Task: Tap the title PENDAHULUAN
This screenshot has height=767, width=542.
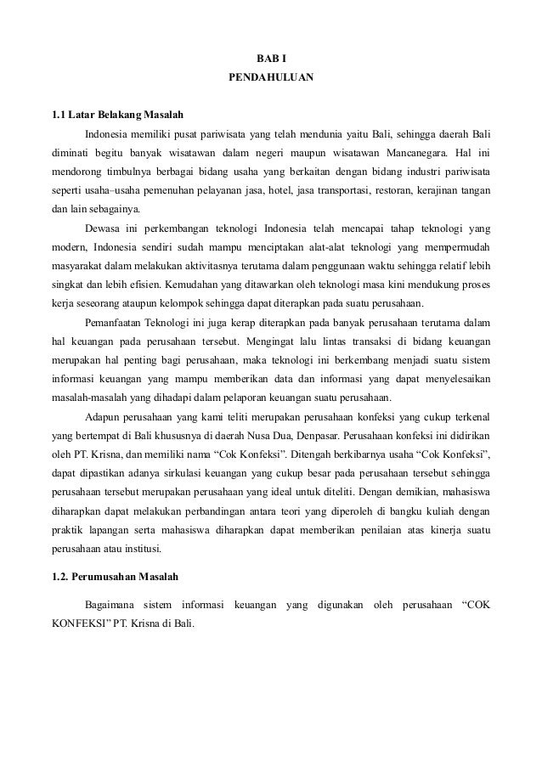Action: pos(272,79)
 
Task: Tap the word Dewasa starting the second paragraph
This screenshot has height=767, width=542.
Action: pos(104,228)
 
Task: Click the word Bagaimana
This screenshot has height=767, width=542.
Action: pos(112,605)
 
